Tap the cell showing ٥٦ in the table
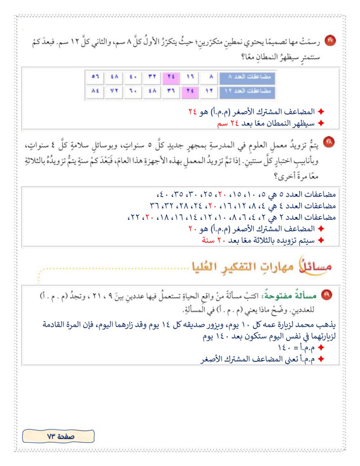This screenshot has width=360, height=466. pos(94,77)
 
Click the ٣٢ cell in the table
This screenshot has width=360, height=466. pos(153,77)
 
